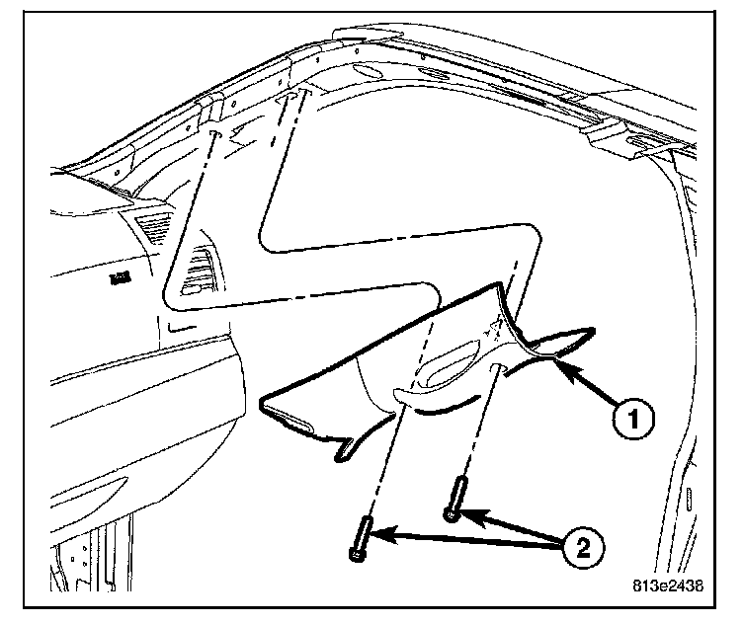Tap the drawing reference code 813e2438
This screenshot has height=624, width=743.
click(x=668, y=585)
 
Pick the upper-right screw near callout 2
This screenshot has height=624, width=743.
click(x=456, y=499)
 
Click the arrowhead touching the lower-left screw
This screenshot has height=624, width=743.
click(x=383, y=536)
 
